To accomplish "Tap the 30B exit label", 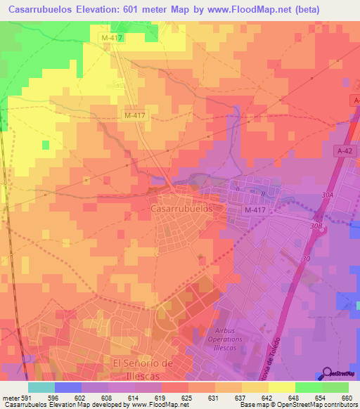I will pyautogui.click(x=316, y=226).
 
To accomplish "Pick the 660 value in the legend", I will pyautogui.click(x=346, y=396).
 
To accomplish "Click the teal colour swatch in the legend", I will pyautogui.click(x=41, y=387).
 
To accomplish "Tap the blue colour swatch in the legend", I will pyautogui.click(x=68, y=387).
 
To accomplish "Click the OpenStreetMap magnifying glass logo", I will pyautogui.click(x=328, y=375).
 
